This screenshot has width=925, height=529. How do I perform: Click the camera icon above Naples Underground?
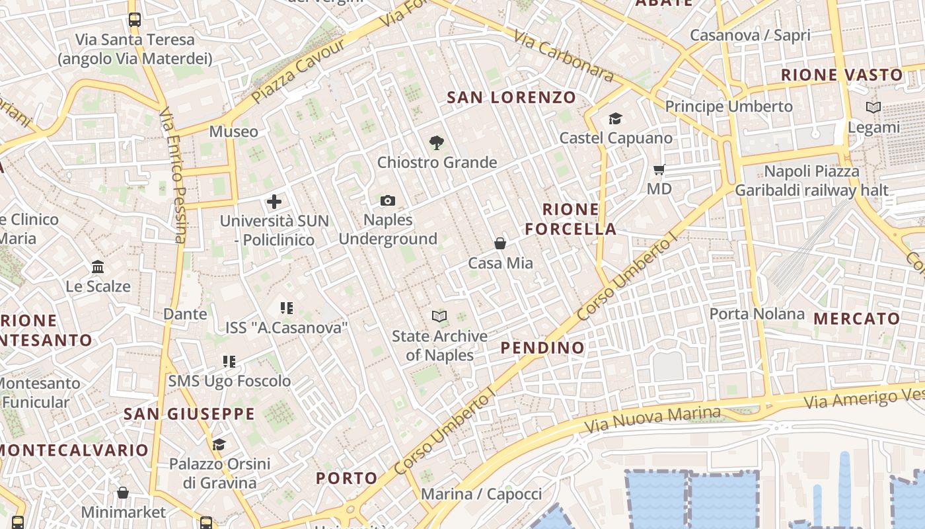(388, 200)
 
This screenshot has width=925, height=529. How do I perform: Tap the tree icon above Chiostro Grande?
(436, 142)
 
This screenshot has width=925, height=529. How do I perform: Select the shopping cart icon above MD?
(659, 169)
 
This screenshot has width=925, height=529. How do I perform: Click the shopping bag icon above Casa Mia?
(500, 243)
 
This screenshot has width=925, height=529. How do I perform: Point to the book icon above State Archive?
(439, 316)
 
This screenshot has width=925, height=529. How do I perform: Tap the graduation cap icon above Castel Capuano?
(615, 118)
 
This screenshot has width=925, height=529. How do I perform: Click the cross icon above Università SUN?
(274, 202)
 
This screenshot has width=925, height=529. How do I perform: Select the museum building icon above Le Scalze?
(98, 266)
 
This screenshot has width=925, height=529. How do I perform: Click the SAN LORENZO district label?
(511, 98)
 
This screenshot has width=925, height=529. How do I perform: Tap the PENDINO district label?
(542, 348)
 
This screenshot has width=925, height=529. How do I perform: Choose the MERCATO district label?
(856, 319)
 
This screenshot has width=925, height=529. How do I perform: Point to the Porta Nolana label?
(757, 313)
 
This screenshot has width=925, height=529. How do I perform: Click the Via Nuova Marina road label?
(653, 419)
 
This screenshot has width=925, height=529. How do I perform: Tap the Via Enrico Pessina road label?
(174, 176)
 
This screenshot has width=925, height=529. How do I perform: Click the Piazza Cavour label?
(298, 71)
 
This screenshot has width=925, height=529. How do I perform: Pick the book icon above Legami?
(873, 107)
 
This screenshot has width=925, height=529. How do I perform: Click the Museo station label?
(234, 132)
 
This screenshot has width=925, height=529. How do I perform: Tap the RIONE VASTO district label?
(842, 75)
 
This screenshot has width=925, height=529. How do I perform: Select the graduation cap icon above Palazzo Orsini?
(219, 444)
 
